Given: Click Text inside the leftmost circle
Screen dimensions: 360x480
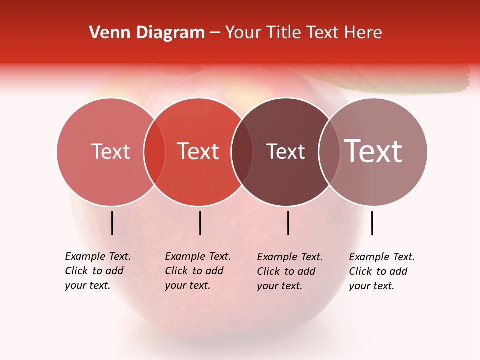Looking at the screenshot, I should pyautogui.click(x=110, y=151).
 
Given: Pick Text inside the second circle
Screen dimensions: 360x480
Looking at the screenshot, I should pyautogui.click(x=198, y=151).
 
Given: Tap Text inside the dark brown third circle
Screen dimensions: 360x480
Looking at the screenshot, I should pyautogui.click(x=285, y=151).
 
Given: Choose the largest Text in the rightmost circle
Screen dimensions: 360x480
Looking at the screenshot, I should pyautogui.click(x=373, y=151).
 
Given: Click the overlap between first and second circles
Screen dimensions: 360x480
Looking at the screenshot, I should pyautogui.click(x=154, y=152).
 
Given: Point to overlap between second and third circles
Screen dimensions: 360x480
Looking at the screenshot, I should pyautogui.click(x=242, y=152).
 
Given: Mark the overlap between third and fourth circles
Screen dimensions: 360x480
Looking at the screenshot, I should pyautogui.click(x=329, y=152).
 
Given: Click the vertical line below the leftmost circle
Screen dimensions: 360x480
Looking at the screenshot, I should pyautogui.click(x=112, y=223).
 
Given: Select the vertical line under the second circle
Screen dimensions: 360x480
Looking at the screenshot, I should pyautogui.click(x=200, y=223).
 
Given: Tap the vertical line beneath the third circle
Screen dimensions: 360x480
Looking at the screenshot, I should pyautogui.click(x=288, y=223).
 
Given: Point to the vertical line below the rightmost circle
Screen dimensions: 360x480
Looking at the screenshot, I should pyautogui.click(x=372, y=223).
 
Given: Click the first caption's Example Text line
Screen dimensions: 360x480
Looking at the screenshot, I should pyautogui.click(x=98, y=256).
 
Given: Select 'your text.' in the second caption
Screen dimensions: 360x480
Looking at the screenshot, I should pyautogui.click(x=187, y=285).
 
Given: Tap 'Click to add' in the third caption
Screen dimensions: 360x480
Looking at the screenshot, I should pyautogui.click(x=286, y=271).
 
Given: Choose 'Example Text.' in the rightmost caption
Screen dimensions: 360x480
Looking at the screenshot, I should pyautogui.click(x=382, y=257).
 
